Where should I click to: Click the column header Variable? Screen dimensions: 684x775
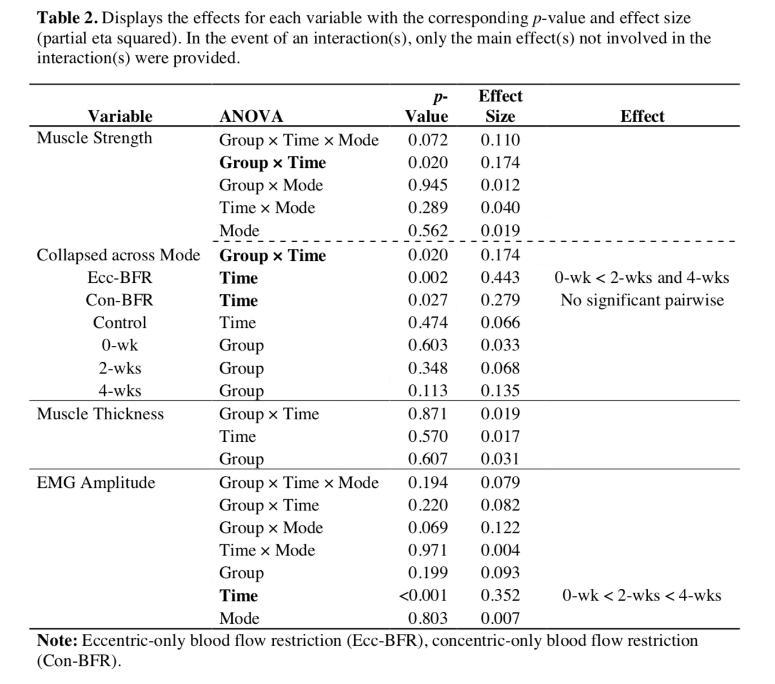[120, 116]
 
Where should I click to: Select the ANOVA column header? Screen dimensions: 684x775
[251, 116]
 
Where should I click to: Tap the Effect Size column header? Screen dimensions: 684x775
[500, 106]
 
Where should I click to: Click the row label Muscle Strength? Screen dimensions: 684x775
[95, 138]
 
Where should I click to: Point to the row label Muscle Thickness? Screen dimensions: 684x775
[100, 414]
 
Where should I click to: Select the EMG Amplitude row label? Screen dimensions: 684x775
[96, 483]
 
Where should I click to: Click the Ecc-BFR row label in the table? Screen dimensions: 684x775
[119, 278]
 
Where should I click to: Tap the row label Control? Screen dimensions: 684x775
[119, 323]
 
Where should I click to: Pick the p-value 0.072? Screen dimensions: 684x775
[427, 140]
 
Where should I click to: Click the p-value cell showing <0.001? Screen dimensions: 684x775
[423, 596]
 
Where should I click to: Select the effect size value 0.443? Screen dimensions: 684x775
[500, 278]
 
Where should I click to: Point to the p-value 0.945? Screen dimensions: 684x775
[427, 185]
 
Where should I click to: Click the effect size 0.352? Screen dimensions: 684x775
[500, 596]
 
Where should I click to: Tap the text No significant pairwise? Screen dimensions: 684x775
[642, 300]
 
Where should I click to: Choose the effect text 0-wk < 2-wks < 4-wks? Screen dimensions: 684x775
[642, 596]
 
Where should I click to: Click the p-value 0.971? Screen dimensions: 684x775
[427, 550]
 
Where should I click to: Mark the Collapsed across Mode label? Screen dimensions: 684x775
[118, 255]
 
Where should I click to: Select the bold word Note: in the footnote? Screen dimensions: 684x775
[57, 641]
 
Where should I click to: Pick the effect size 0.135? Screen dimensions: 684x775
[500, 390]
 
